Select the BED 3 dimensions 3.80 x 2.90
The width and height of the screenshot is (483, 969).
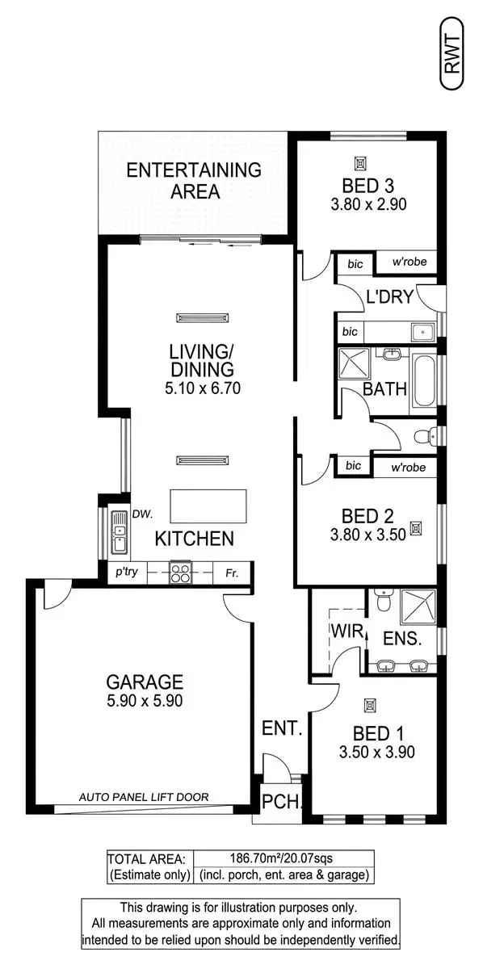pyautogui.click(x=367, y=204)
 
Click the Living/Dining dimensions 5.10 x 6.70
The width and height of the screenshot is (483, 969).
pyautogui.click(x=201, y=388)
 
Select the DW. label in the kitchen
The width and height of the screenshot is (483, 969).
pyautogui.click(x=144, y=513)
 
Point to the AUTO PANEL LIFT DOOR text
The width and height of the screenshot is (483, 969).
pyautogui.click(x=144, y=797)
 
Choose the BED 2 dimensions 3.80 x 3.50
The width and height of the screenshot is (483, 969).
pyautogui.click(x=367, y=535)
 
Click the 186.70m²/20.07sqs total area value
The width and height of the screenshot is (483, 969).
pyautogui.click(x=282, y=858)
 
